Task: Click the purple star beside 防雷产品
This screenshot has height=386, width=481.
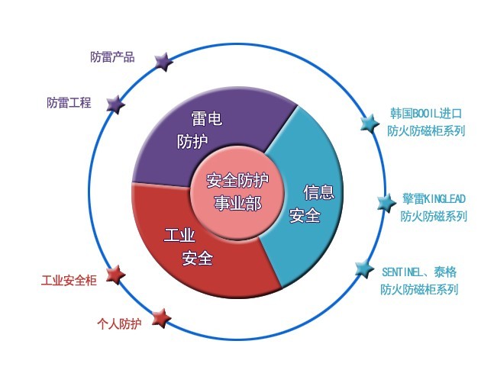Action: (163, 61)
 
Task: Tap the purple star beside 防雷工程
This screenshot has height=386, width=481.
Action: (115, 105)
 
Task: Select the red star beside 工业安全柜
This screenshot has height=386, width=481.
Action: (115, 275)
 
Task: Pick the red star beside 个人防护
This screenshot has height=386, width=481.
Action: (161, 318)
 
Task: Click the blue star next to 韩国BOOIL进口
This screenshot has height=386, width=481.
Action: (370, 124)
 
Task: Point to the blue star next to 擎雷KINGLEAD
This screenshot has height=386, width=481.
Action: (386, 203)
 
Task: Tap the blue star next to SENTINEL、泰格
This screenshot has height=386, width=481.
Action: (365, 269)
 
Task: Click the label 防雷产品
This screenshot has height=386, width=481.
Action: (112, 57)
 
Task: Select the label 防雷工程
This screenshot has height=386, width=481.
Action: (69, 102)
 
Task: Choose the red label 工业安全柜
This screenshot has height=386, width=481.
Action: (69, 280)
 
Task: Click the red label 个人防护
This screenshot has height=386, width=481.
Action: (119, 323)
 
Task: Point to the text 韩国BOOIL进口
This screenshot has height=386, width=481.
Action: (426, 114)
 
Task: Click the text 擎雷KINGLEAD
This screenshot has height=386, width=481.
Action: (434, 198)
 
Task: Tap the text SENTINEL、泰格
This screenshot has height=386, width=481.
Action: (419, 272)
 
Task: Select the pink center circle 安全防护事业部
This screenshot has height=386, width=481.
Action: (237, 192)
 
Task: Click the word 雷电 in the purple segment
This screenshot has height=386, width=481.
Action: (207, 118)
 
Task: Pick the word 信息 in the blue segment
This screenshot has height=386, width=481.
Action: (319, 192)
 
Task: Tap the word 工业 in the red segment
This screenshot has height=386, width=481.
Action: (179, 235)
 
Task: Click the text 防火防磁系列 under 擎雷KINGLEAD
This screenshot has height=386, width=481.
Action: (434, 216)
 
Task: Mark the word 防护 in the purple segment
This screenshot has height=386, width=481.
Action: (192, 141)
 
